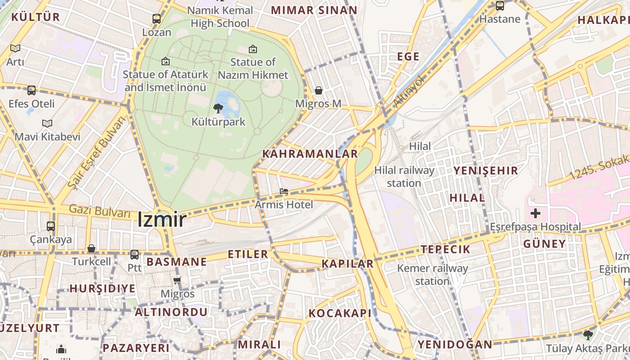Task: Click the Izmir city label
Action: [x=162, y=220]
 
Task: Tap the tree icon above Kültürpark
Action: [x=218, y=108]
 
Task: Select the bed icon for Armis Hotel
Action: [x=283, y=191]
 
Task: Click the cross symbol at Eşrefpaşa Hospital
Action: [x=535, y=213]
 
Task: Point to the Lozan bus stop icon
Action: [x=157, y=19]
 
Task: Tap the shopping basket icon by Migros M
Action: [x=319, y=90]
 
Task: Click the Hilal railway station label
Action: [x=404, y=176]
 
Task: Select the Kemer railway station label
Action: [x=432, y=274]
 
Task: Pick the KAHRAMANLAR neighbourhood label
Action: [x=310, y=154]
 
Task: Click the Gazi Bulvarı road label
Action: [x=99, y=211]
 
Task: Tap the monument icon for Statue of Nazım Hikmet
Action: [x=253, y=49]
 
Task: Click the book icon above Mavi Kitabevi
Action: [x=47, y=123]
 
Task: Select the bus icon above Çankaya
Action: [x=51, y=226]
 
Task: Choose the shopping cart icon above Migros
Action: [x=177, y=281]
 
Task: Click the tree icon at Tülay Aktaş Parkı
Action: [x=588, y=335]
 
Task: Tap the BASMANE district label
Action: [x=176, y=262]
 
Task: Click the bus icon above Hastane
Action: [x=499, y=6]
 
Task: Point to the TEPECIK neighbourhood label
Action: [x=445, y=249]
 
